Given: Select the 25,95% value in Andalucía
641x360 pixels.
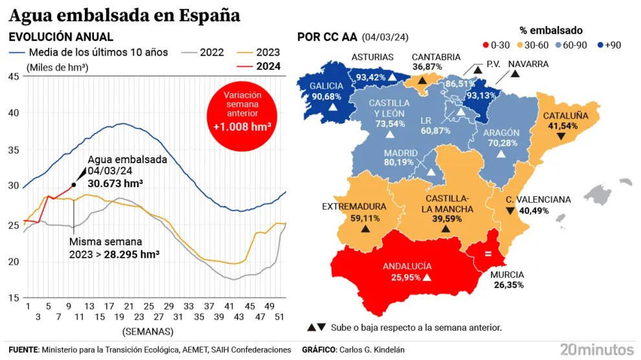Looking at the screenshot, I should [x=401, y=277].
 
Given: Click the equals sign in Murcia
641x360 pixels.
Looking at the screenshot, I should [x=487, y=254].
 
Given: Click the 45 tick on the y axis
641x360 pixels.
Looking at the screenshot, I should [x=13, y=76].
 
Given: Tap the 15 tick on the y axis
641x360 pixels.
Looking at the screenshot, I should [x=13, y=298].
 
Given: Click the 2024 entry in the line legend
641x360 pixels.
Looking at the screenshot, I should [x=268, y=66].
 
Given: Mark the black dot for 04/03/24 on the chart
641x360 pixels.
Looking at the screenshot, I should [x=74, y=185].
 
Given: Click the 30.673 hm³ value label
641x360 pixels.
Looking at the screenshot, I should [x=115, y=183].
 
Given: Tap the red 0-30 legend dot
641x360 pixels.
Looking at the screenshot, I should [x=485, y=45].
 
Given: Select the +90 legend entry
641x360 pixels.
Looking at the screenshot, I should [x=612, y=45].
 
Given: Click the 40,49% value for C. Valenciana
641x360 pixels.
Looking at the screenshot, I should [x=534, y=210].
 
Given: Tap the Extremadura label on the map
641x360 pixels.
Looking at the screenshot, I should [x=354, y=207].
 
